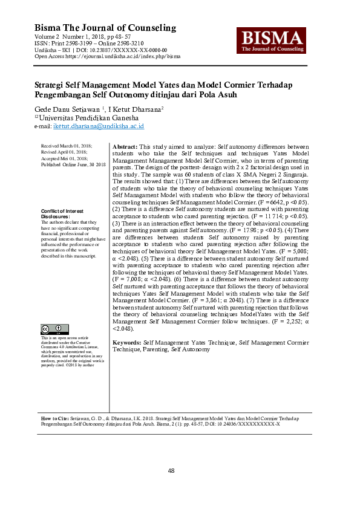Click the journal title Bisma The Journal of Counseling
tap(105, 28)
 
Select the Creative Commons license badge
tap(54, 329)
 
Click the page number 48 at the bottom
tap(180, 470)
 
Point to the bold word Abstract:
tap(125, 147)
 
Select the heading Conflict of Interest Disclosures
tap(63, 213)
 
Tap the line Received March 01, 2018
tap(66, 147)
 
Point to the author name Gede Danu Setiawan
tap(67, 109)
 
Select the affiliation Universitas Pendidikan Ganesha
tap(88, 118)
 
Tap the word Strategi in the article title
tap(50, 85)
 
